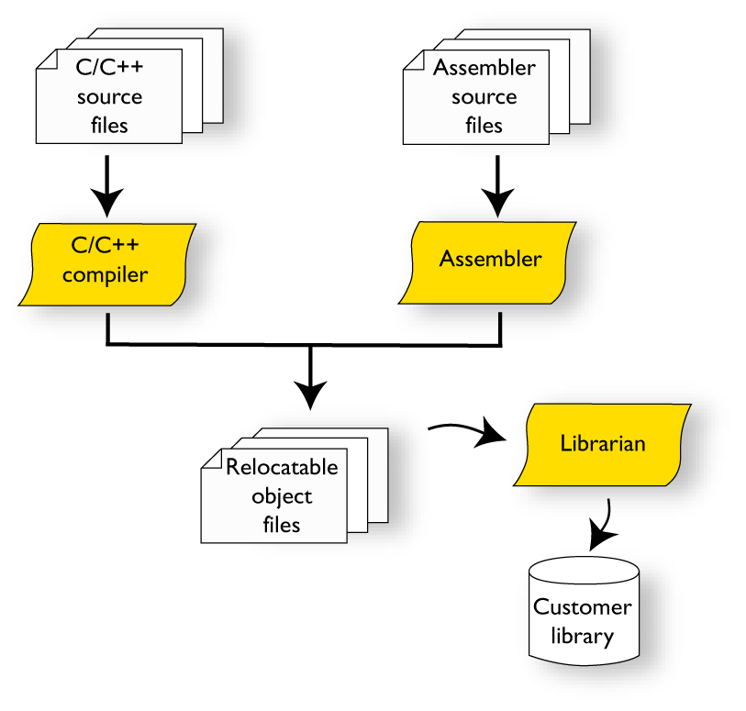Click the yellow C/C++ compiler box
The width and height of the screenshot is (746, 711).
[108, 263]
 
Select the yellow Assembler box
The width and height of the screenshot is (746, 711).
[489, 261]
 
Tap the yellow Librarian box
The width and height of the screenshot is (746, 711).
[602, 444]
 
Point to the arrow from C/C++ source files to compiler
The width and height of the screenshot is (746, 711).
[107, 184]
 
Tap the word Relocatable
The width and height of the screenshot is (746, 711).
[282, 467]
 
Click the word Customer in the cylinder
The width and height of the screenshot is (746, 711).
[583, 607]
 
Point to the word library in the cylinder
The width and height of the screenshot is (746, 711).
[583, 636]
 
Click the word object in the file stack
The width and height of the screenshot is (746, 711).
[282, 496]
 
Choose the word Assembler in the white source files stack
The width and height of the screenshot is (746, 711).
[484, 68]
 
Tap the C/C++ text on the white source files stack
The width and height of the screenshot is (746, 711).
[108, 68]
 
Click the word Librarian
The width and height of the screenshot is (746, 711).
[602, 444]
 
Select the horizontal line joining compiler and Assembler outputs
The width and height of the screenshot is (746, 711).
[303, 345]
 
